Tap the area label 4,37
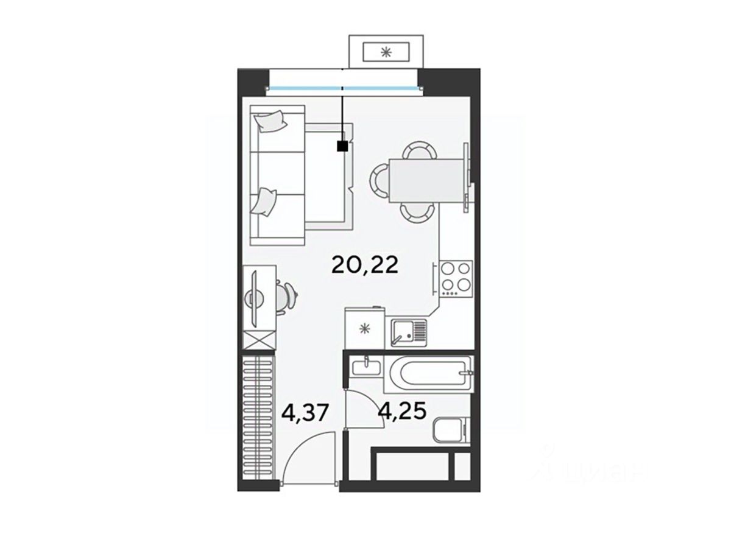click(305, 413)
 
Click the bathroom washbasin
click(366, 368)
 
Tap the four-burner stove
click(456, 278)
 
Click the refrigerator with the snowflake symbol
click(365, 328)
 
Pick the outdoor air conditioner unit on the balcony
click(386, 52)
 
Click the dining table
click(426, 181)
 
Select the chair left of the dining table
click(379, 181)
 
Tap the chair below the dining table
click(417, 213)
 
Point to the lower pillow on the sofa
click(264, 202)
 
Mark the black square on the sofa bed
click(342, 146)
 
